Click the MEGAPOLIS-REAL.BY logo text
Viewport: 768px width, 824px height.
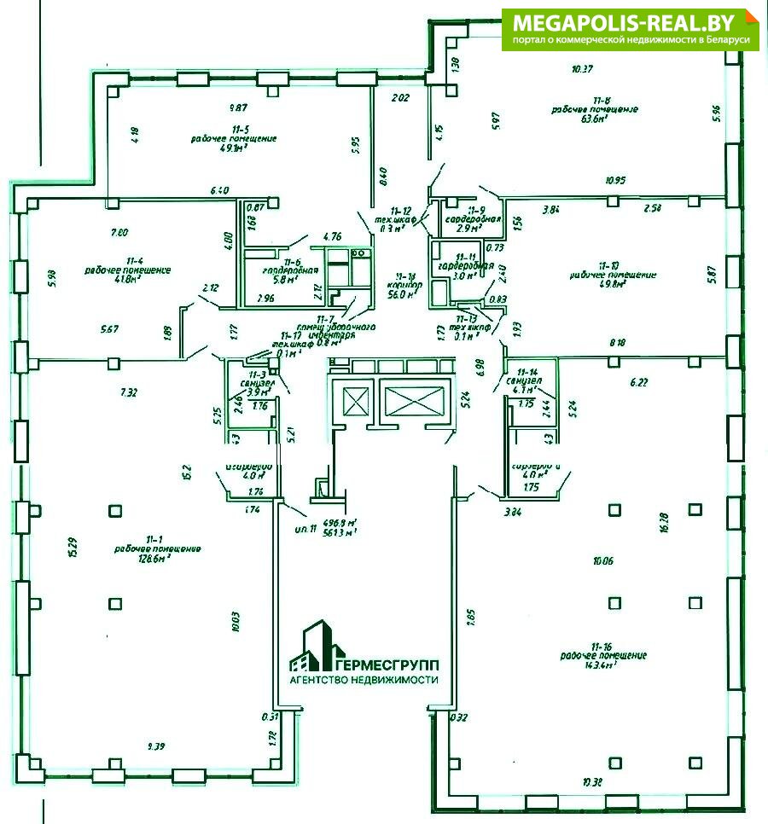point(627,21)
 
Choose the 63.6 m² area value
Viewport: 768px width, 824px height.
point(593,119)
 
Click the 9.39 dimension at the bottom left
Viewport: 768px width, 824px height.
point(155,746)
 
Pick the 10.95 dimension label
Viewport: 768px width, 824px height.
point(615,181)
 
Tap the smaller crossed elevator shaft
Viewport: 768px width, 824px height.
point(354,400)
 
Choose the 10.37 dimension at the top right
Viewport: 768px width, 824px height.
point(583,68)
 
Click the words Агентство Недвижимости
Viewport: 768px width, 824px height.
point(364,680)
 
